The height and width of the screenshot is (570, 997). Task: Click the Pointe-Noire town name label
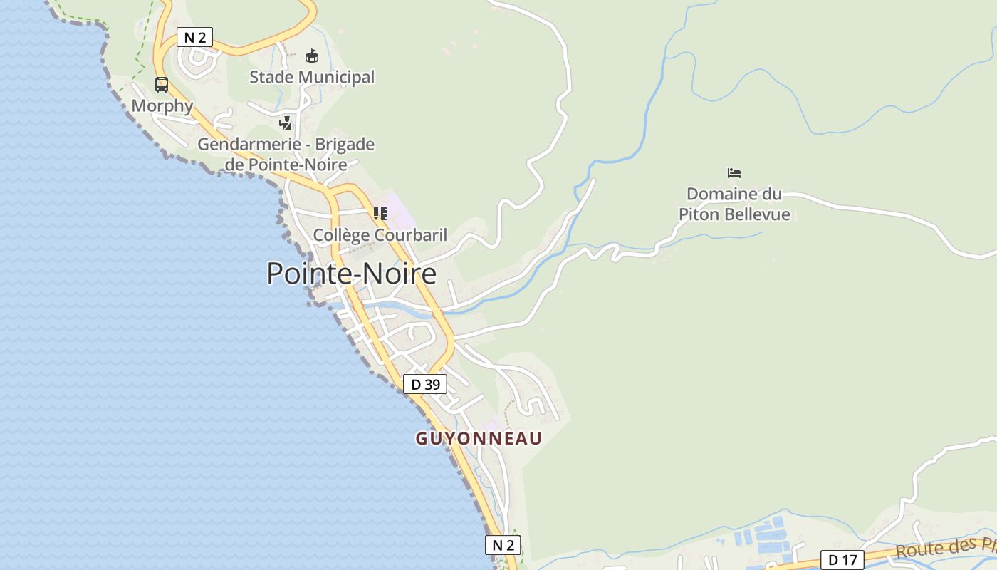pos(351,274)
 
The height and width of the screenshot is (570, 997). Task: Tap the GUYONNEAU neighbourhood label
pos(479,438)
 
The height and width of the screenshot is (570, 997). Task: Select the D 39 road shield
pos(425,385)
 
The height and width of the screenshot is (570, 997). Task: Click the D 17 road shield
pos(842,560)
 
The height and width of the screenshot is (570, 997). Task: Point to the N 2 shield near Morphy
pos(194,37)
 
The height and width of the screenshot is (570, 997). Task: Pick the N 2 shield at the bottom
pos(503,545)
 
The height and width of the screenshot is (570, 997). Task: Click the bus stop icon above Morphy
pos(162,85)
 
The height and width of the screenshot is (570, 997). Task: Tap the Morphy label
pos(162,106)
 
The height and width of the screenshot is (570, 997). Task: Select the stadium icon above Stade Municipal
pos(311,56)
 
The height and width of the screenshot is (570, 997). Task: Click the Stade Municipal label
pos(312,77)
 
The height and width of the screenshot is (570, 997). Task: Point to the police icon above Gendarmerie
pos(286,123)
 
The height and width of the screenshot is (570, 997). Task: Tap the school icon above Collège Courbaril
pos(380,213)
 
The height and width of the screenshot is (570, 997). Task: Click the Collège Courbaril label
pos(380,234)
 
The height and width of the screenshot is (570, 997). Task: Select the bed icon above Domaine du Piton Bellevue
pos(734,173)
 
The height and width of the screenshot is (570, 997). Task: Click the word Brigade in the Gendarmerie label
pos(345,145)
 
